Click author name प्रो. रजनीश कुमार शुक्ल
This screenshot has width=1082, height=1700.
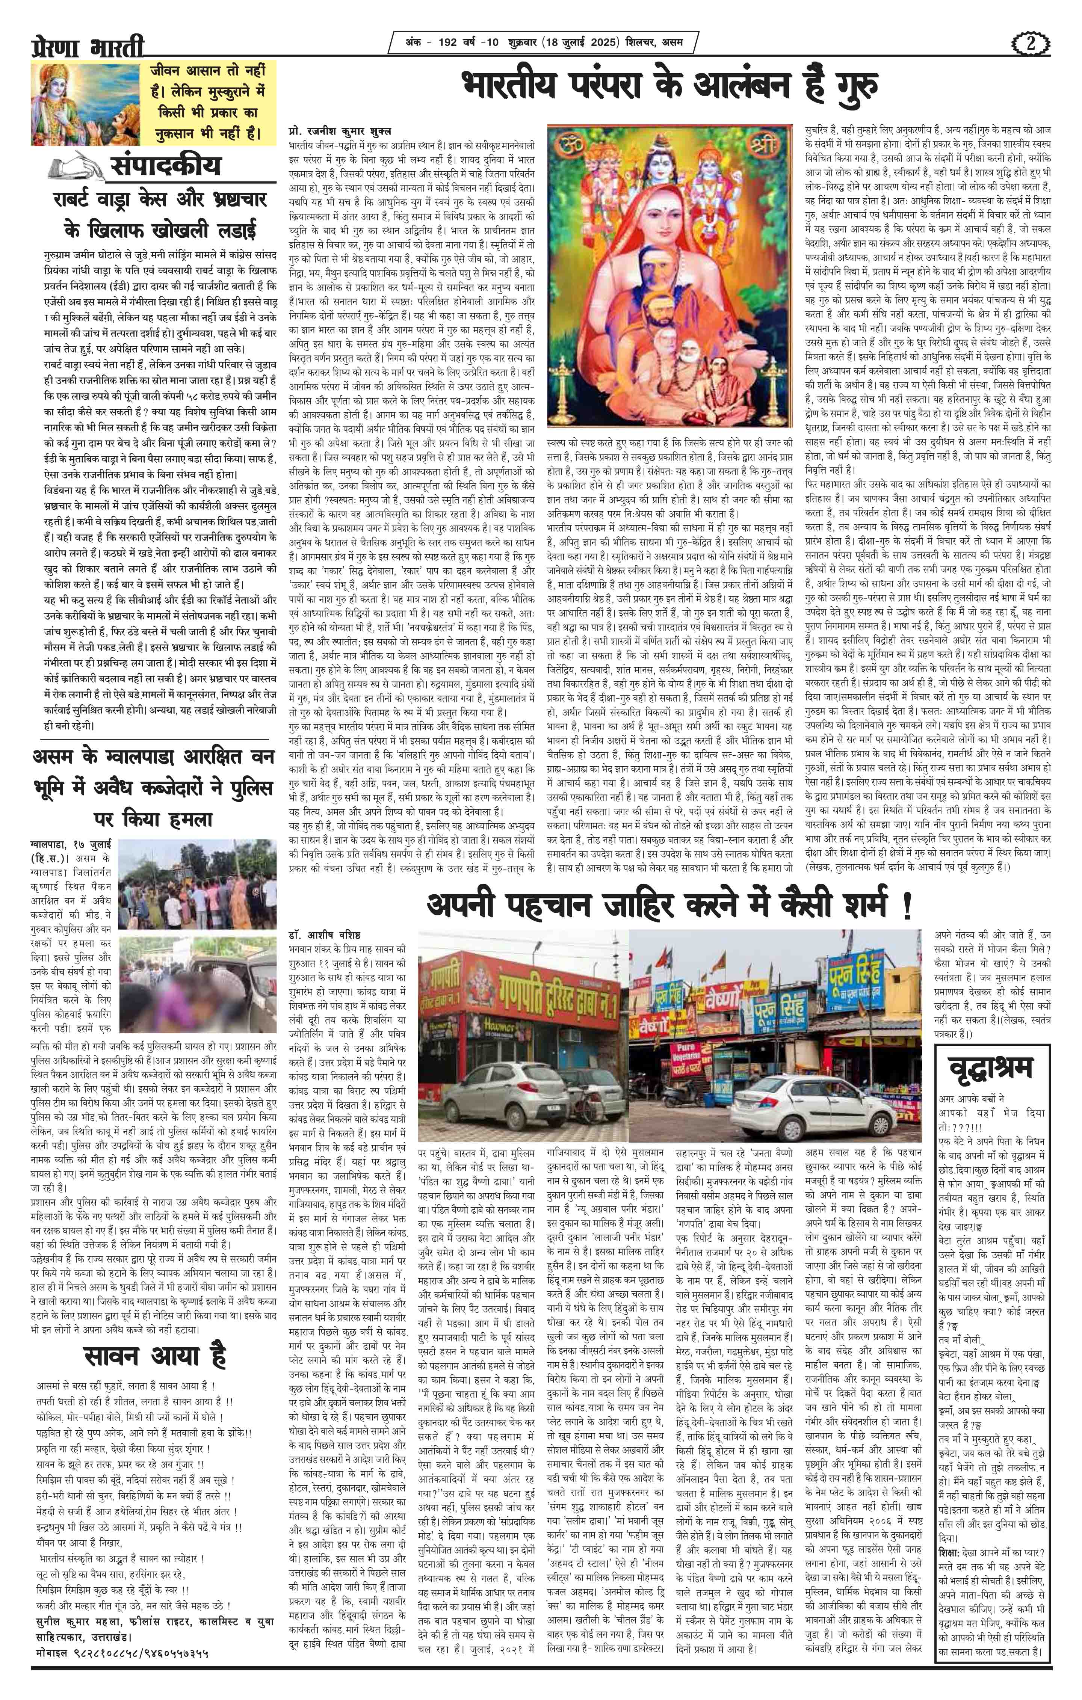click(x=340, y=132)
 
